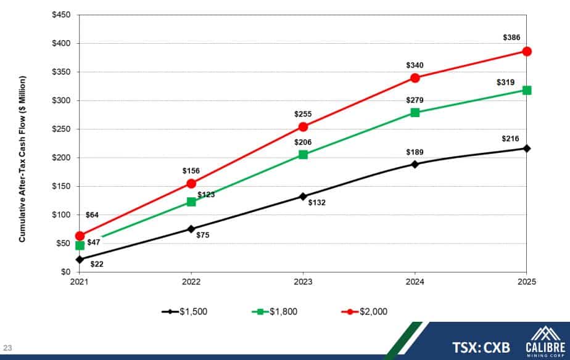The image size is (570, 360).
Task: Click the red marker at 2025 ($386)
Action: pos(527,51)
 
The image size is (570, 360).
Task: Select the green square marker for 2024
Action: pos(415,112)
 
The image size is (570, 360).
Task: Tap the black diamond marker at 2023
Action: pos(303,197)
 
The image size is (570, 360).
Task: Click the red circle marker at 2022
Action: pos(191,184)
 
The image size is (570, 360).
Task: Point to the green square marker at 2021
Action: pos(80,245)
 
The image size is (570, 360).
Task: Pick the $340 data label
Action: pos(415,65)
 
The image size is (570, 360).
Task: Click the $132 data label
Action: pos(317,202)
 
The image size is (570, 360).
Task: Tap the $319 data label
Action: pos(505,82)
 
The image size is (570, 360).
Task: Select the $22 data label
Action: pos(96,264)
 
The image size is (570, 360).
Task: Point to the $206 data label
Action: pos(303,142)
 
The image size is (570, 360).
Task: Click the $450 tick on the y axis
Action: pos(61,15)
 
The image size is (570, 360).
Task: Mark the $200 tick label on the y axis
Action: pos(61,158)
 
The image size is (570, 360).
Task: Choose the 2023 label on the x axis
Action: pos(303,282)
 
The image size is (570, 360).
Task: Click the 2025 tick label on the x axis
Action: pos(526,282)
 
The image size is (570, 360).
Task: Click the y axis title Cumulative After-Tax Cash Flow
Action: pos(22,158)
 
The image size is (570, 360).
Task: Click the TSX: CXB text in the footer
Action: pos(481,348)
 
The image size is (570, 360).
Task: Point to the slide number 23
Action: pos(8,346)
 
